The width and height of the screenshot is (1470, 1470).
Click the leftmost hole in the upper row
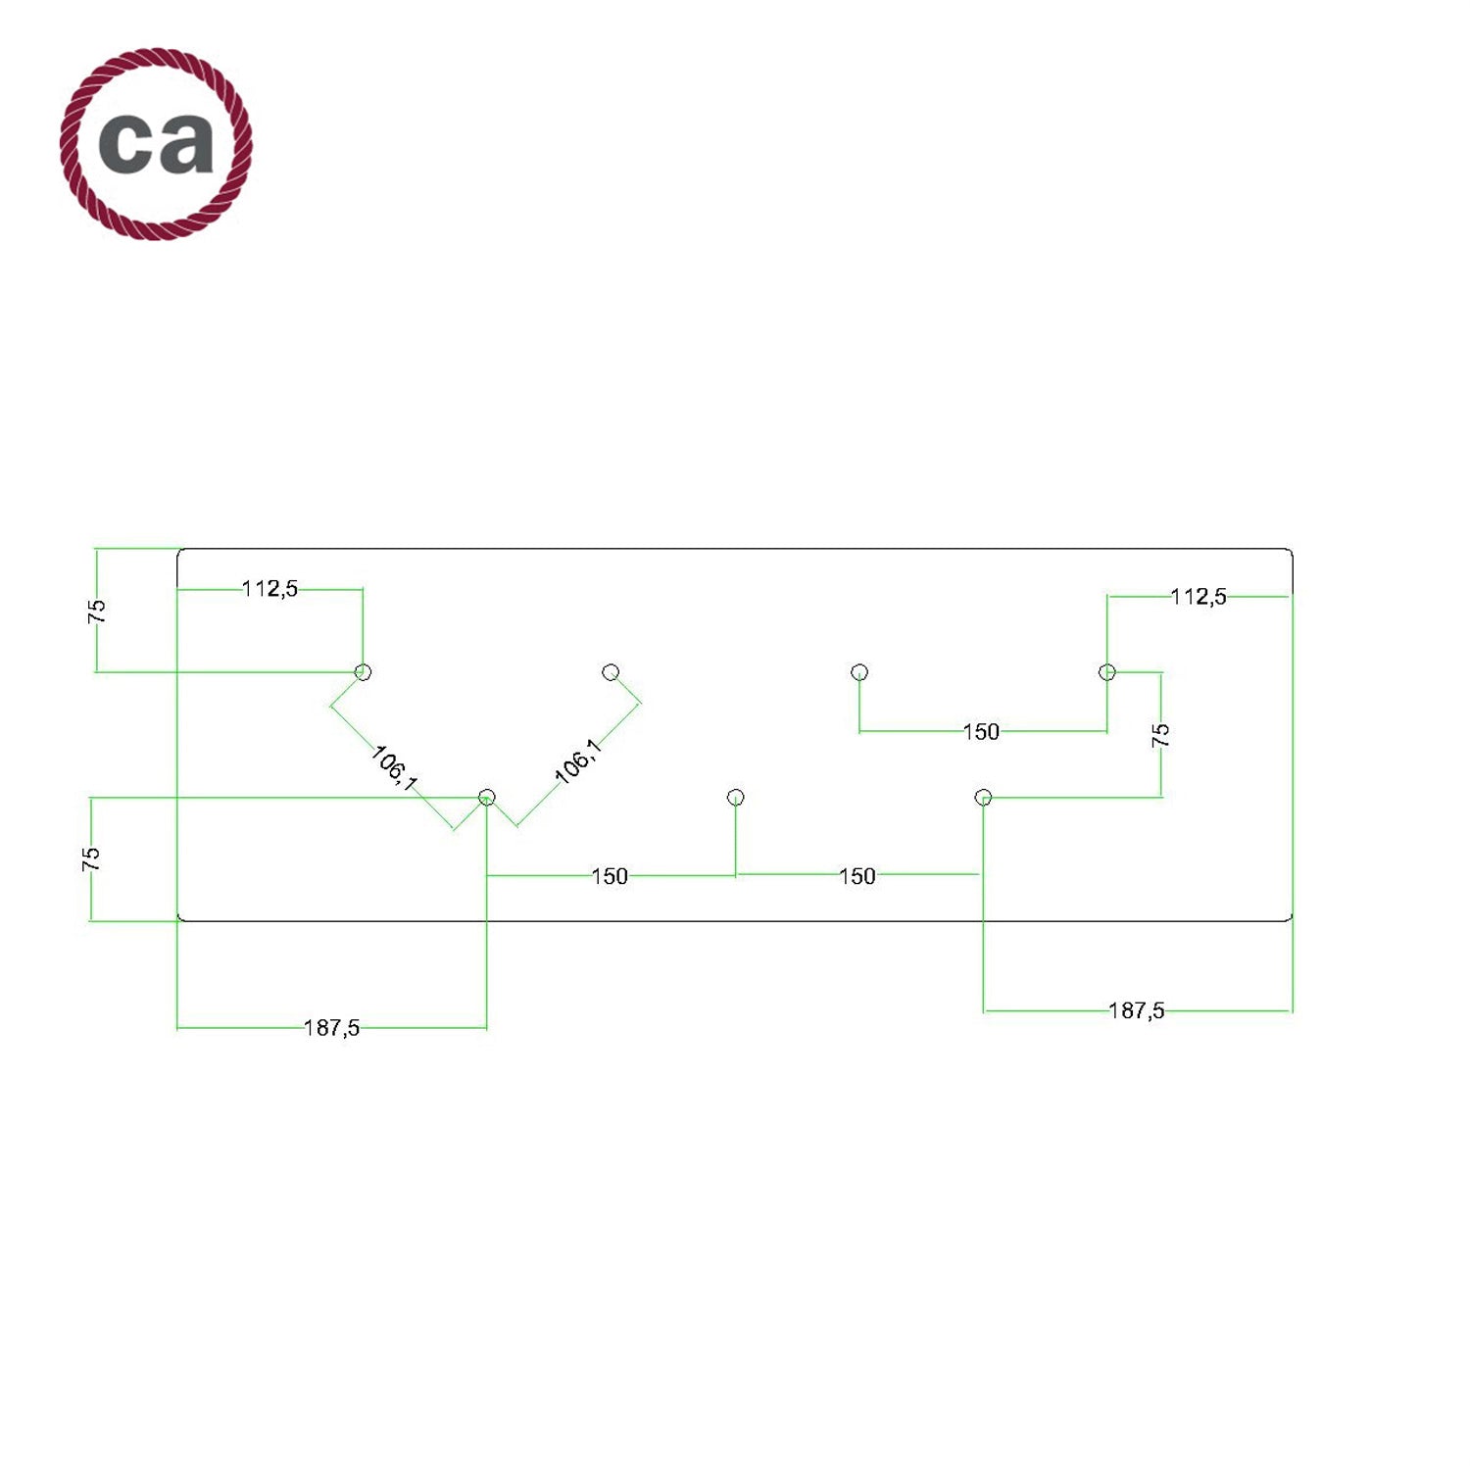pos(363,671)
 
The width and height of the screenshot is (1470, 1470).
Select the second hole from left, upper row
pos(611,671)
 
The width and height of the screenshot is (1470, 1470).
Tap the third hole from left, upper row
pos(859,671)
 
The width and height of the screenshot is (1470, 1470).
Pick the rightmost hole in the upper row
pos(1107,671)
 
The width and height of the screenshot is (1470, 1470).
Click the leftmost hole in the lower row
pos(487,797)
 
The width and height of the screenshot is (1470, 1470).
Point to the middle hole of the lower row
pos(736,797)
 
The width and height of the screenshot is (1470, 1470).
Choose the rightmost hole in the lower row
pos(984,797)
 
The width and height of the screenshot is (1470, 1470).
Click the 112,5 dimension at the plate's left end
pos(269,589)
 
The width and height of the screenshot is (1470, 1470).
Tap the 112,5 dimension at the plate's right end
pos(1198,597)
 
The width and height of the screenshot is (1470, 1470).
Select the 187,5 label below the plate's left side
pos(331,1028)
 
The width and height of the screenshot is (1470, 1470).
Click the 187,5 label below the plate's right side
pos(1136,1010)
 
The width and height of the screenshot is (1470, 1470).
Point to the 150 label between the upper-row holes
pos(981,732)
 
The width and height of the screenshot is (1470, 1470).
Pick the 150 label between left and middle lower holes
pos(610,876)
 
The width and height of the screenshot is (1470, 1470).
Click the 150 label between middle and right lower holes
pos(857,876)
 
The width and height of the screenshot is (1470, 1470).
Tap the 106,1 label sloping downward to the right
pos(395,768)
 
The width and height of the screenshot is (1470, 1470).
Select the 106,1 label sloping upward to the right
pos(578,761)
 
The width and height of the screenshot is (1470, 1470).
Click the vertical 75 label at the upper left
pos(97,612)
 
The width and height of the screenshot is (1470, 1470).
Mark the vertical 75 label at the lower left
pos(91,859)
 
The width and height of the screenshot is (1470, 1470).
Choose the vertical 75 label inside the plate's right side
pos(1161,735)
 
